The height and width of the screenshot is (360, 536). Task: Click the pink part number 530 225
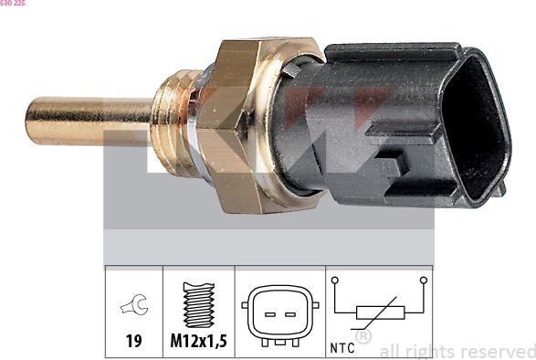[x=12, y=3]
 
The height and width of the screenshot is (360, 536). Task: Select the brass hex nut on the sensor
[x=236, y=125]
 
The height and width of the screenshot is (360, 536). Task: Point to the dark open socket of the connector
[x=476, y=128]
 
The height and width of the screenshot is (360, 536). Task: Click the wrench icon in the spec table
[x=134, y=304]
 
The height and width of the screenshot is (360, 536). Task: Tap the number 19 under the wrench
[x=133, y=341]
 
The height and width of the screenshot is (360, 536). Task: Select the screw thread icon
[x=199, y=305]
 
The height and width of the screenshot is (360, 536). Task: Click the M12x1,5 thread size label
[x=199, y=341]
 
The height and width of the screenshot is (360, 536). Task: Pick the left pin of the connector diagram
[x=270, y=314]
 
